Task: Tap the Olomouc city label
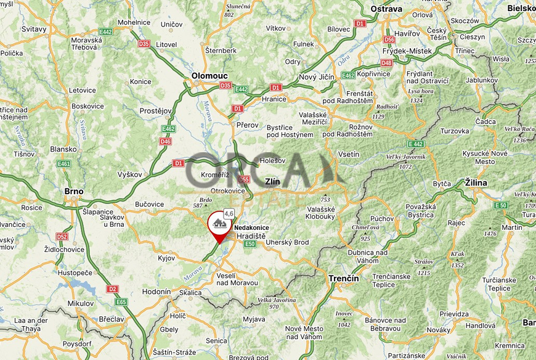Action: (x=209, y=75)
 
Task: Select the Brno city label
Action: (x=74, y=191)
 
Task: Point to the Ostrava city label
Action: (x=386, y=9)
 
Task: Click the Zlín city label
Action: (x=272, y=182)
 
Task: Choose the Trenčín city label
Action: (x=344, y=279)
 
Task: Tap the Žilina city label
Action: (x=476, y=183)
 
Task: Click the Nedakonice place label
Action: (x=251, y=227)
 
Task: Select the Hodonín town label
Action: (x=156, y=292)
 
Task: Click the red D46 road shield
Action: (x=165, y=141)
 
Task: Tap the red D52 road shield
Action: (x=62, y=236)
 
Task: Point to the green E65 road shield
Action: (x=121, y=302)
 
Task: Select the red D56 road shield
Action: (x=389, y=39)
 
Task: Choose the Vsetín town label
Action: (x=349, y=154)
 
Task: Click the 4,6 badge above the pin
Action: (x=229, y=213)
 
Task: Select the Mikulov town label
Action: (x=81, y=303)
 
